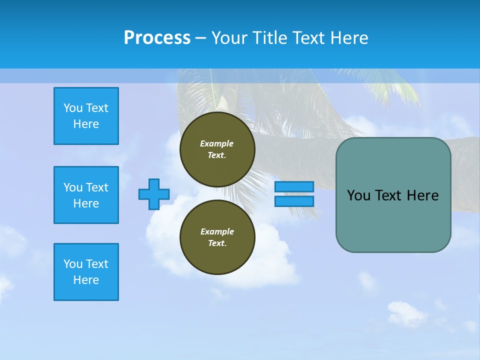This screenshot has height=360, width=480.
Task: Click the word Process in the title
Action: click(157, 38)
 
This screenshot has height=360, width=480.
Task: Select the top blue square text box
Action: click(86, 116)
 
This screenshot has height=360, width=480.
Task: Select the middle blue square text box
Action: click(86, 195)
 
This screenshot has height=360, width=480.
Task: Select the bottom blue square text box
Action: click(86, 272)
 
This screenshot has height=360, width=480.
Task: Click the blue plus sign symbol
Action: click(154, 194)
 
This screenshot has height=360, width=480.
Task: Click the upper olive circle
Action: click(217, 149)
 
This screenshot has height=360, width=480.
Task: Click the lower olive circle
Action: click(217, 237)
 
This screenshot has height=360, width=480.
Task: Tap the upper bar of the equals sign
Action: click(294, 186)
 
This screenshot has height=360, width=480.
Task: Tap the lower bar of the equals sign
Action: click(294, 201)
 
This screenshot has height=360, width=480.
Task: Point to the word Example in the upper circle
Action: click(217, 143)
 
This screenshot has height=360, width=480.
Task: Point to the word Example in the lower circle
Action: click(217, 231)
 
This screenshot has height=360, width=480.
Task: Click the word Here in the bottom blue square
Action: click(86, 280)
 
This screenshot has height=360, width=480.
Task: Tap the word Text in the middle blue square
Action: click(97, 187)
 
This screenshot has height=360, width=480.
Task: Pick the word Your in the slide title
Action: click(228, 38)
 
